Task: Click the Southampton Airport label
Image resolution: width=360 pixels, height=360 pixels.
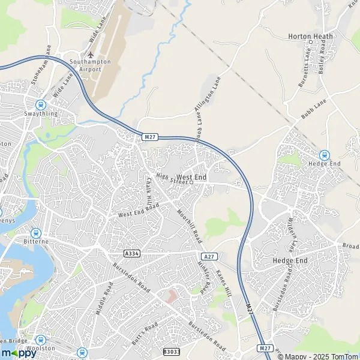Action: [90, 65]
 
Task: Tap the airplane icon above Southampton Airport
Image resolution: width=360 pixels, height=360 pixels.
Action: [91, 56]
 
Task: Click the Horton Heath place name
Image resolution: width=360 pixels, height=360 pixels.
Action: [310, 37]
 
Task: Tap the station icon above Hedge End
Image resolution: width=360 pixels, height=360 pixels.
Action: [325, 155]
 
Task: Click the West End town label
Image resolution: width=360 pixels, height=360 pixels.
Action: [192, 178]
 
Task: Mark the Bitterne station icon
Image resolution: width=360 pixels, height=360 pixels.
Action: [35, 233]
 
